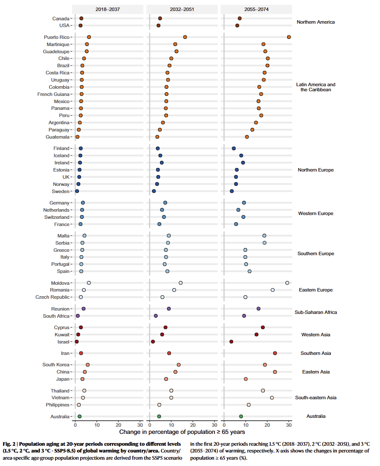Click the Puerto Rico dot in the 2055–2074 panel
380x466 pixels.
tap(289, 37)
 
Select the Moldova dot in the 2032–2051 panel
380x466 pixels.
tap(181, 283)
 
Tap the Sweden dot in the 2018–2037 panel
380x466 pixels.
tap(77, 191)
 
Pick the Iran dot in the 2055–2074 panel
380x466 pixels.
tap(275, 353)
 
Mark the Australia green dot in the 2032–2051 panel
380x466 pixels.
tap(159, 417)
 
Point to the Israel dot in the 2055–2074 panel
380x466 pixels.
tap(231, 341)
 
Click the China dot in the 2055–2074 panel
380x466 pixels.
tap(275, 372)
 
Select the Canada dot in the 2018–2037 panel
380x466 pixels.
tap(81, 19)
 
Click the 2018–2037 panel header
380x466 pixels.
tap(108, 9)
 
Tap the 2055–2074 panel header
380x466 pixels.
tap(256, 9)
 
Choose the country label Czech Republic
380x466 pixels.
tap(52, 297)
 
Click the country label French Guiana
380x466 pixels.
tap(53, 94)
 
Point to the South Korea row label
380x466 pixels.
tap(56, 365)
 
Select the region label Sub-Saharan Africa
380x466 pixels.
tap(316, 312)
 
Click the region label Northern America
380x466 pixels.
tap(315, 22)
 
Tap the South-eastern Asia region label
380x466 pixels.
tap(316, 398)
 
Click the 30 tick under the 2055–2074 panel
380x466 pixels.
tap(289, 425)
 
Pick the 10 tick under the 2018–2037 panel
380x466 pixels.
tap(97, 425)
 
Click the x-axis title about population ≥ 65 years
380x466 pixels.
tap(182, 432)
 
